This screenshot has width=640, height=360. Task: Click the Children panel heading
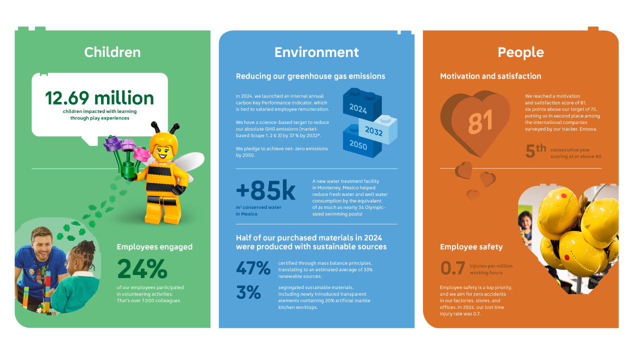tap(112, 52)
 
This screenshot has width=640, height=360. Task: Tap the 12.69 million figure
tap(99, 98)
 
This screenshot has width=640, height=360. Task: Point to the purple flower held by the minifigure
tap(112, 143)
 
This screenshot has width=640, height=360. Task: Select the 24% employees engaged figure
tap(142, 269)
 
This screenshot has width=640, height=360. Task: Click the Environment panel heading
tap(316, 52)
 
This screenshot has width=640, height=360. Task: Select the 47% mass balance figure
tap(253, 268)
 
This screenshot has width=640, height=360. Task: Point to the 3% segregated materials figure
tap(248, 292)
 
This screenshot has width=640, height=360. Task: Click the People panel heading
tap(520, 52)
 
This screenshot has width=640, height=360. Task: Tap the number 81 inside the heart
tap(480, 121)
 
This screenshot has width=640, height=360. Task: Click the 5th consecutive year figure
tap(535, 151)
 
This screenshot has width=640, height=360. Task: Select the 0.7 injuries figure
tap(453, 268)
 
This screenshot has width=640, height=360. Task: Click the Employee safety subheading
tap(471, 247)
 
